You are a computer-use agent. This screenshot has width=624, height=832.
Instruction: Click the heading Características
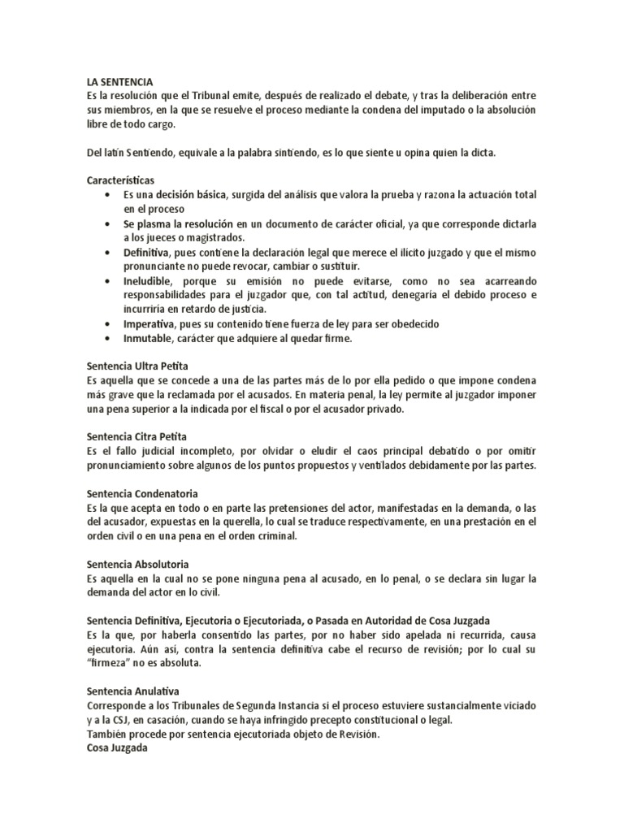point(122,179)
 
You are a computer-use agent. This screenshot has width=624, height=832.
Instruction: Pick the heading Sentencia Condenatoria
point(142,493)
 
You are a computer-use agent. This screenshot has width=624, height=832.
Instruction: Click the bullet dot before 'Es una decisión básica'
point(109,197)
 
